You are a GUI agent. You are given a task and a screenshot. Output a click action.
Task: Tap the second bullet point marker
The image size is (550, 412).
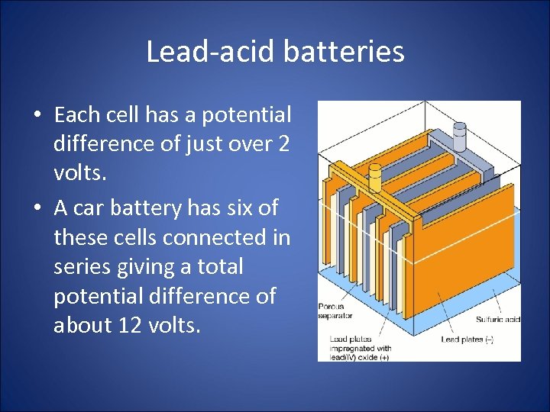37,208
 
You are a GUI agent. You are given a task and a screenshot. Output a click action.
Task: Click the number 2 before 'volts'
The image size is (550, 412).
283,144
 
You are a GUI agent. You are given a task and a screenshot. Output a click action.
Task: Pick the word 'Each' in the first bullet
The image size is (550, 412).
76,115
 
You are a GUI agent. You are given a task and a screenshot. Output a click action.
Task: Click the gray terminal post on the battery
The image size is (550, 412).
459,137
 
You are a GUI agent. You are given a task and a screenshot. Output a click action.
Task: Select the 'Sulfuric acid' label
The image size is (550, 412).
497,319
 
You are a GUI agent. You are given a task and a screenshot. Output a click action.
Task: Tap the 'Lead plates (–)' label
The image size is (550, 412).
467,339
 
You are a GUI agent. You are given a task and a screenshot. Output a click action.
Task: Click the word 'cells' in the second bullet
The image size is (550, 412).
125,237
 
